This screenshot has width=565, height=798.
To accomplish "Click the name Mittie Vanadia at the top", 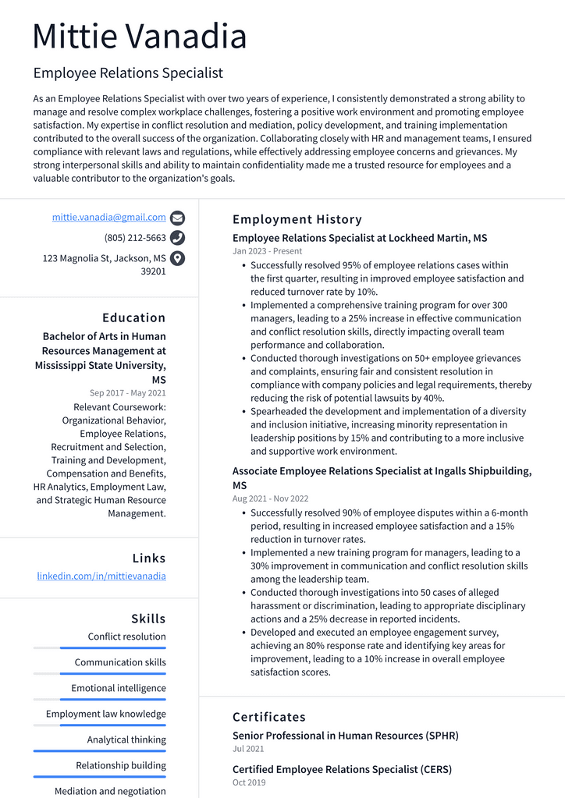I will pos(140,37).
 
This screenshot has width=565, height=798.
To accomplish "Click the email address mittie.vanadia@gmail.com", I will pos(109,218).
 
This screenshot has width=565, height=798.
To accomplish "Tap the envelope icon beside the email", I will pos(177,218).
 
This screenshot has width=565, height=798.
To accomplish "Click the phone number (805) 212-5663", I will pos(135,238).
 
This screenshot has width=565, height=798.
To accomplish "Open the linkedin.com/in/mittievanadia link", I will pos(101,576).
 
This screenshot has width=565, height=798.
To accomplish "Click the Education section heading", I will pos(134,317).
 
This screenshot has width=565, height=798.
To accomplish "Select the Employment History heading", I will pos(297,219).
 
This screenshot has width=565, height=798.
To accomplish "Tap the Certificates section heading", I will pos(269,717).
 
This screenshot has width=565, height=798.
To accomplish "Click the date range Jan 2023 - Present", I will pos(267,251).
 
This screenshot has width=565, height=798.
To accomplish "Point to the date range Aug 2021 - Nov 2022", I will pos(270,498).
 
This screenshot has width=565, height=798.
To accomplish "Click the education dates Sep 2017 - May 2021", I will pos(128,393).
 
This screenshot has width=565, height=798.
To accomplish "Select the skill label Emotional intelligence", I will pos(119,688).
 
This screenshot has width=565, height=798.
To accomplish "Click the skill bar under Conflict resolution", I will pos(100,648).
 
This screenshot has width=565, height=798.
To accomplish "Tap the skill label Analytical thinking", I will pos(126,739).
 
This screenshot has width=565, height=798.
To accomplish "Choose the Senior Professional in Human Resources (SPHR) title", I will pos(345,736).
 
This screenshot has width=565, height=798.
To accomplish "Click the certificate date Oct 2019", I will pos(249,782).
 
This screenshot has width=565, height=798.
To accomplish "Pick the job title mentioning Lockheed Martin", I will pos(360,238).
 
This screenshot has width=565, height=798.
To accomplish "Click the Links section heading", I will pos(149,558).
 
